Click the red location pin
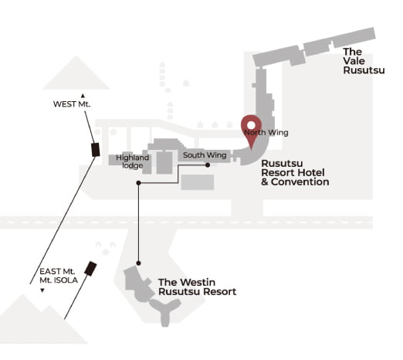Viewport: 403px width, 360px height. click(x=251, y=129)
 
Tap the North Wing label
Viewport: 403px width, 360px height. click(x=266, y=133)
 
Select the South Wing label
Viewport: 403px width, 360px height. click(x=205, y=155)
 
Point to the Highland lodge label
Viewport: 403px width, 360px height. click(x=132, y=161)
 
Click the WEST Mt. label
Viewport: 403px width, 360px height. click(x=72, y=104)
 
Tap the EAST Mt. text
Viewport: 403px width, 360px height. click(x=57, y=271)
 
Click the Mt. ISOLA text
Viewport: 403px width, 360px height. click(x=59, y=280)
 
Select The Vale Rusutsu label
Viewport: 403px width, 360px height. click(x=364, y=61)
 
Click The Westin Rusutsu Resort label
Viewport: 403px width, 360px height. click(x=197, y=287)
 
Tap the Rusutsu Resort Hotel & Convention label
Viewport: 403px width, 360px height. click(x=295, y=172)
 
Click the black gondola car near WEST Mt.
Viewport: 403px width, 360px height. click(x=96, y=150)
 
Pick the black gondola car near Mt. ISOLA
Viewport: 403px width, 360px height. click(x=90, y=269)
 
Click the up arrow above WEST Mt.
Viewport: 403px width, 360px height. click(x=83, y=96)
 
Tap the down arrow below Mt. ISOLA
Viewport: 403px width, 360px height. click(x=42, y=290)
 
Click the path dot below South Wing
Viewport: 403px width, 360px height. click(x=208, y=165)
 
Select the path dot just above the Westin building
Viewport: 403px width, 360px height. click(x=138, y=263)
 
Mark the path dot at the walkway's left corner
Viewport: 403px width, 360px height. click(x=138, y=183)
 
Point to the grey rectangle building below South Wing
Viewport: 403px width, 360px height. click(x=198, y=182)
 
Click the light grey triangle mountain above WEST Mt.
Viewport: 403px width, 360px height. click(x=76, y=75)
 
